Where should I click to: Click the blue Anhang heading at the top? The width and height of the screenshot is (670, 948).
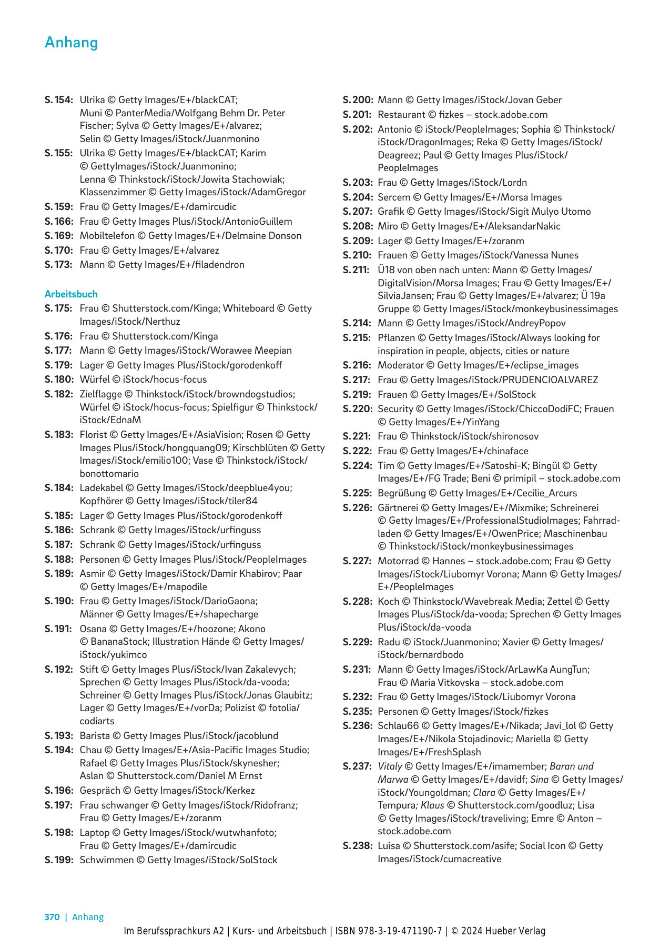[72, 42]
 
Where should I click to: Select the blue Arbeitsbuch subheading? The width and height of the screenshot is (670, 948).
[71, 294]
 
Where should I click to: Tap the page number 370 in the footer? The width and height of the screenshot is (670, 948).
[52, 917]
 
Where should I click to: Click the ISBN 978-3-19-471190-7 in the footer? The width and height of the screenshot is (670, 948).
[389, 931]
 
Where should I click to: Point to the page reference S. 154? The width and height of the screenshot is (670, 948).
[58, 100]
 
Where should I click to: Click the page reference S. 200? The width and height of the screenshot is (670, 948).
[358, 100]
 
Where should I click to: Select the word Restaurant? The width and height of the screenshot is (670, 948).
[402, 115]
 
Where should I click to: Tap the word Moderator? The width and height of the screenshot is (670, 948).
[401, 365]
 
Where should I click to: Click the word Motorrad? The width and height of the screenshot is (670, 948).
[399, 561]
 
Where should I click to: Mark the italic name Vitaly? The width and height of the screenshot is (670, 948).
[390, 766]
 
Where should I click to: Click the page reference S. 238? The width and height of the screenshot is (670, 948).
[357, 846]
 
